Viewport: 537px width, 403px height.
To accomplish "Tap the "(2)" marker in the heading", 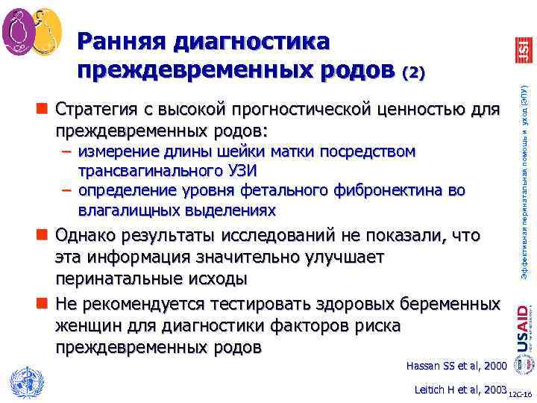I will coord(413,72).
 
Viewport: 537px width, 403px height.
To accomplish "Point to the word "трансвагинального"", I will coord(146,171).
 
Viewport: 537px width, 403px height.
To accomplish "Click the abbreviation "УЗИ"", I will coord(244,171).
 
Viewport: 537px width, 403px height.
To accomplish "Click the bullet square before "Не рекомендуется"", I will coord(46,305).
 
